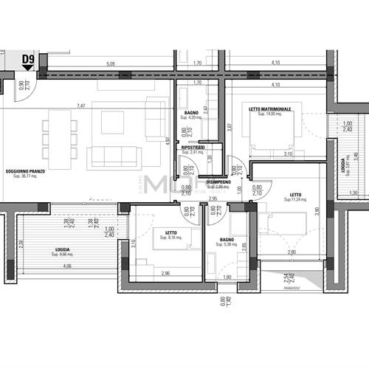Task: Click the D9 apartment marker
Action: coord(28,59)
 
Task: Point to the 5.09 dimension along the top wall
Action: coord(110,63)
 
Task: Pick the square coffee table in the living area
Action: coord(112,123)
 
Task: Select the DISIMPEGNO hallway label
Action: coord(218,182)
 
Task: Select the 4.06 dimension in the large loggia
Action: coord(67,266)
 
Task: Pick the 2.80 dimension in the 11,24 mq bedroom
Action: coord(292,252)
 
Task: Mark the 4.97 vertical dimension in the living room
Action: coord(168,140)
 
